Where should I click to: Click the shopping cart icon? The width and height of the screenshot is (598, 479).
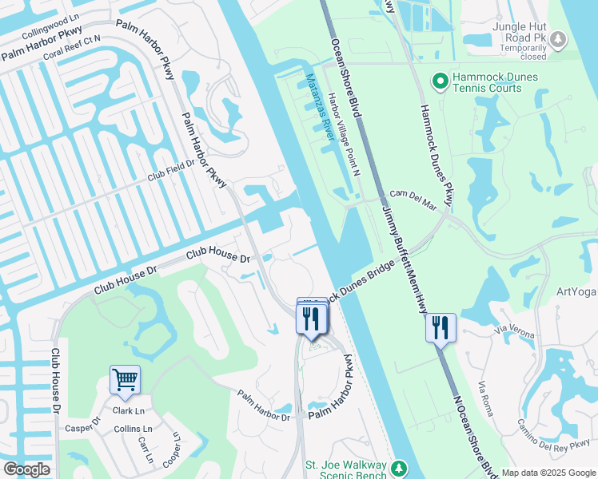125,380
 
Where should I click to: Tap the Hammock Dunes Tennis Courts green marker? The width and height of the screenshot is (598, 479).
439,81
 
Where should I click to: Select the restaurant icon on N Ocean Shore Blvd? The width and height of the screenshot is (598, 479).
441,327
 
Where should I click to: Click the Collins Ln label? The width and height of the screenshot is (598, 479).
133,429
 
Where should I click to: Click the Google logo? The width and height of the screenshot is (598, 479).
26,469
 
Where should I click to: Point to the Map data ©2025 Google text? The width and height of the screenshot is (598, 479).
548,473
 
